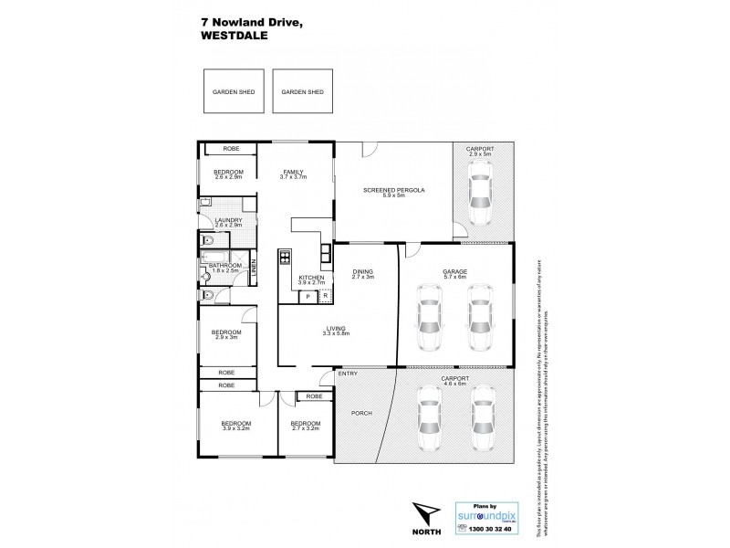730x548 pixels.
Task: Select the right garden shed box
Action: pyautogui.click(x=298, y=92)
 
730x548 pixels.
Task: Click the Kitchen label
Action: pyautogui.click(x=311, y=279)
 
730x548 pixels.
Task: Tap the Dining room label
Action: pyautogui.click(x=363, y=273)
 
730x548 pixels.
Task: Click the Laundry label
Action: pyautogui.click(x=228, y=222)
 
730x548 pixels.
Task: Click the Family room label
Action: pyautogui.click(x=293, y=174)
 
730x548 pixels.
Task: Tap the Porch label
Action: pyautogui.click(x=360, y=414)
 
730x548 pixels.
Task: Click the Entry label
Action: pyautogui.click(x=348, y=374)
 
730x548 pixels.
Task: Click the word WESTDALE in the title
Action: pyautogui.click(x=231, y=38)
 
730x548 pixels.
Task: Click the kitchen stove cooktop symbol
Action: pyautogui.click(x=285, y=257)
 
